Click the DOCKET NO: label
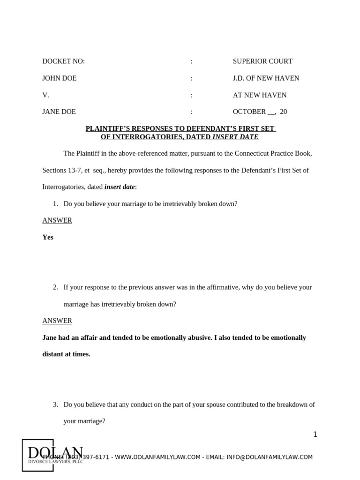click(63, 61)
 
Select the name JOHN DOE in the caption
click(59, 78)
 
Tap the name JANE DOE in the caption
click(59, 112)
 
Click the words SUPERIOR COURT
click(262, 61)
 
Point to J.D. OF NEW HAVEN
click(266, 78)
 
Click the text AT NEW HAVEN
click(259, 95)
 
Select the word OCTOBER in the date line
click(249, 112)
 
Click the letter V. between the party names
click(45, 95)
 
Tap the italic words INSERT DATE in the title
click(235, 137)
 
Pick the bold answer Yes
click(48, 237)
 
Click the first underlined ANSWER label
click(57, 220)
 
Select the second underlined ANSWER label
click(57, 321)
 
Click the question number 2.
click(55, 287)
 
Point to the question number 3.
click(55, 405)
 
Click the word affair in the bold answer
click(92, 337)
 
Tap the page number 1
click(315, 435)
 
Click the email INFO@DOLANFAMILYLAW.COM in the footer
click(270, 457)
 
